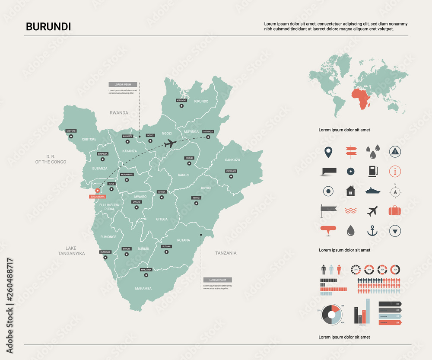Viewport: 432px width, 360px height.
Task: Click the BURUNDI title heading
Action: click(48, 27)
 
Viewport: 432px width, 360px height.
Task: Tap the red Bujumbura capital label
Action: click(97, 197)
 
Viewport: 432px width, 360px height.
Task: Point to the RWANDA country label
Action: click(119, 113)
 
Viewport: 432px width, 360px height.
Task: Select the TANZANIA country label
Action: click(226, 253)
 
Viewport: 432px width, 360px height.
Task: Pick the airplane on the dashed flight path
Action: click(170, 143)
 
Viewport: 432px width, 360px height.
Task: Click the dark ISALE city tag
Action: click(111, 184)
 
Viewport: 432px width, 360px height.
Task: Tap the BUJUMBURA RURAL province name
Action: click(109, 207)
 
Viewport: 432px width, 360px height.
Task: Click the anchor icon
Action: click(372, 231)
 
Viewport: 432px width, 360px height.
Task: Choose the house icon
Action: click(350, 191)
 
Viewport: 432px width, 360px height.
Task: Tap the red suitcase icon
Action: click(395, 211)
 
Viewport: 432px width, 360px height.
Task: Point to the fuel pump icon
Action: click(372, 171)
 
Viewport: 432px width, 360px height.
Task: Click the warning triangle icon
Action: click(395, 151)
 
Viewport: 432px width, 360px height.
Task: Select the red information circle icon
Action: click(395, 171)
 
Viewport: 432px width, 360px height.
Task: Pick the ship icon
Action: click(372, 191)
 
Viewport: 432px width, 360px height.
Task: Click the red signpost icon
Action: click(350, 151)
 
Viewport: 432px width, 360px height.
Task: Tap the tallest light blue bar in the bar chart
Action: click(368, 311)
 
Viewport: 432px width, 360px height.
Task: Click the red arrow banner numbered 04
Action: click(390, 322)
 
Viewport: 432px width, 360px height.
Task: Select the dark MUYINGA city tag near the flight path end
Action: click(208, 131)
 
